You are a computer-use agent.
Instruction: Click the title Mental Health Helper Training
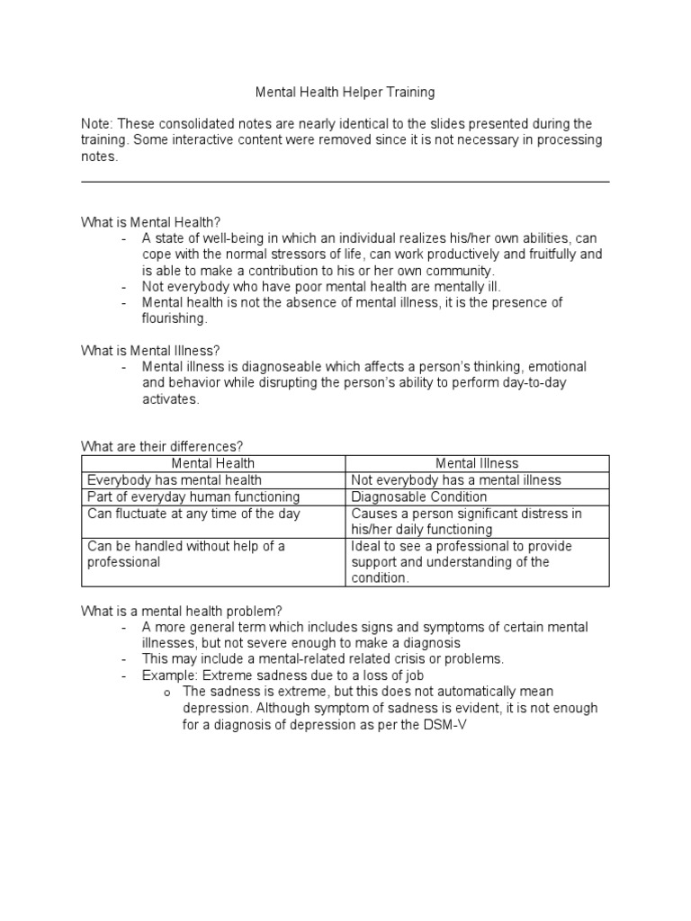pos(345,91)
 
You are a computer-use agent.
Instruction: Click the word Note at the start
pos(97,123)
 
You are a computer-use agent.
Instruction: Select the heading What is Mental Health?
pos(151,221)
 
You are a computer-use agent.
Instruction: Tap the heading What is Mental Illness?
pos(151,350)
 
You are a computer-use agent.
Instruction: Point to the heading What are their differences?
pos(163,446)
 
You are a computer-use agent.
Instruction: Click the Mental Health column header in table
pos(213,463)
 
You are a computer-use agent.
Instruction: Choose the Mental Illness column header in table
pos(477,463)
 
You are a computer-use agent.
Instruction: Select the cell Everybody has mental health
pos(175,480)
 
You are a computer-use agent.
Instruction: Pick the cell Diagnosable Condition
pos(418,496)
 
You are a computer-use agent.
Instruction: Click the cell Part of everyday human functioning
pos(193,496)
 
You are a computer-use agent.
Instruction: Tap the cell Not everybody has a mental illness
pos(455,480)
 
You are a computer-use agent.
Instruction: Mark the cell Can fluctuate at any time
pos(193,514)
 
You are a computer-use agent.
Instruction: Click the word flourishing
pos(174,318)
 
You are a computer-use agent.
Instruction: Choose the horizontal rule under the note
pos(345,182)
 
